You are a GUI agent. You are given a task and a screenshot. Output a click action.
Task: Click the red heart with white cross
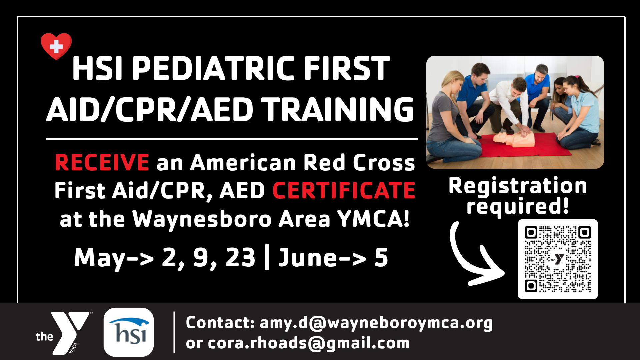56,46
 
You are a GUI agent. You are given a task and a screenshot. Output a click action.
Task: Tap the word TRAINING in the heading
339,109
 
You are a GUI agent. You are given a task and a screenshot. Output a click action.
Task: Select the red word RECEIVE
102,162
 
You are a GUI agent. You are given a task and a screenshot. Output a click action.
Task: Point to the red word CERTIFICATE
344,190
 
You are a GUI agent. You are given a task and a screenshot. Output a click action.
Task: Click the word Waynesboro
202,219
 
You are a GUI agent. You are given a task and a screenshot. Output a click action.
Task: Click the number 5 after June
381,257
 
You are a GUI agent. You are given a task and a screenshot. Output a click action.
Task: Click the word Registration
518,186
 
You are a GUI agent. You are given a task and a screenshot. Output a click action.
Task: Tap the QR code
558,259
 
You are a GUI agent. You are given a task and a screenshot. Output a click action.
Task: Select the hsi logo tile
129,332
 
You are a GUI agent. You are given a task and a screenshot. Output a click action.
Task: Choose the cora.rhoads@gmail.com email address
309,343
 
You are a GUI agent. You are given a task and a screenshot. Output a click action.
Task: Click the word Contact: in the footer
220,322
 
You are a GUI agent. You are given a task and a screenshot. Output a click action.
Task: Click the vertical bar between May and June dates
267,257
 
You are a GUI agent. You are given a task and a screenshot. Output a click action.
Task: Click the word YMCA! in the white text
373,219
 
